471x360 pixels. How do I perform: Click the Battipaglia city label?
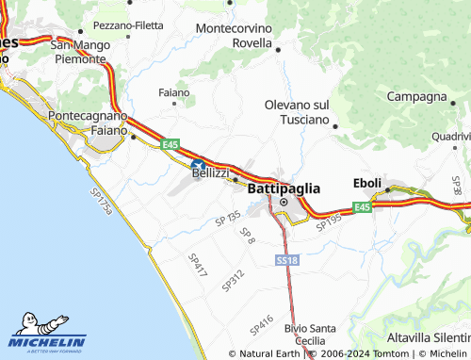(x=284, y=188)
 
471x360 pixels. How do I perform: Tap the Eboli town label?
(x=367, y=183)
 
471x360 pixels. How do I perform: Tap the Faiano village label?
(x=174, y=92)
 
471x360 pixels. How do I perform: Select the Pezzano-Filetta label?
(x=128, y=25)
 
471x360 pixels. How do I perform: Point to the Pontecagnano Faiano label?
(x=94, y=123)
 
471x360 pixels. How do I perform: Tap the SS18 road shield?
(x=287, y=259)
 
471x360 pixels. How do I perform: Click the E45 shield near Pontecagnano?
(x=170, y=143)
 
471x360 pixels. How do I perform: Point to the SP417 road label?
(x=197, y=263)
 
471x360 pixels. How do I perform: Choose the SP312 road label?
(x=233, y=279)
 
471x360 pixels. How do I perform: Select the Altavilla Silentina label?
(x=429, y=337)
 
